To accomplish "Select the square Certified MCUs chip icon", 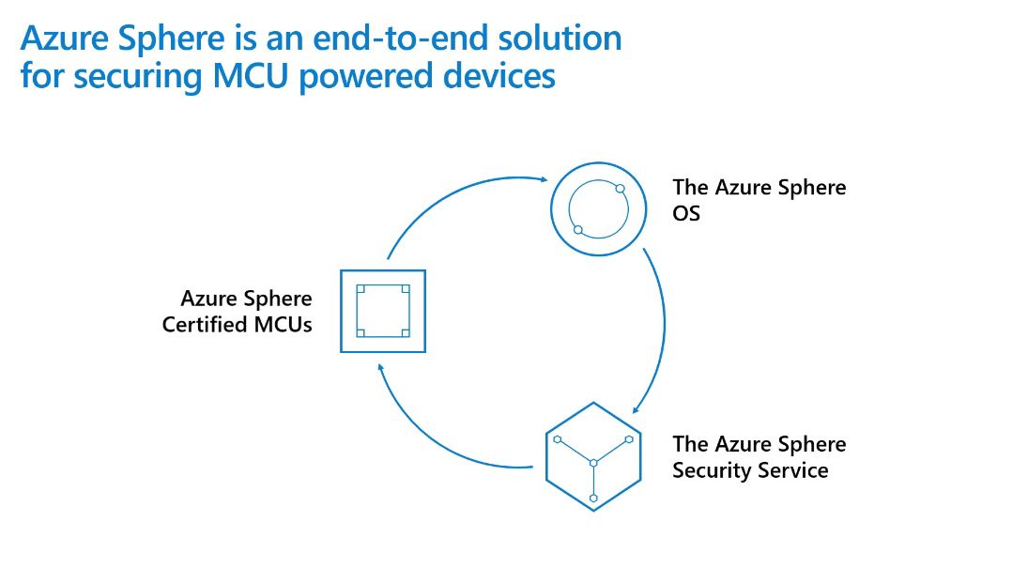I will coord(383,311).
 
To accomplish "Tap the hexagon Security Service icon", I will coord(593,457).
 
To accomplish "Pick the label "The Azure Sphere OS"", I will coord(759,200).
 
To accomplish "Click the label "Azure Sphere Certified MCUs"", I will coord(238,312).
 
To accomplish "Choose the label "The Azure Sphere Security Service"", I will coord(759,457).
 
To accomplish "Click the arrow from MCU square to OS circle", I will coord(451,192).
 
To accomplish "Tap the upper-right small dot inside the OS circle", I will coord(620,189).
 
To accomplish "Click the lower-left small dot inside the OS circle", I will coord(578,230).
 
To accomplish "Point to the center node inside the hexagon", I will coord(593,463).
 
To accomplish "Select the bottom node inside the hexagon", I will coord(593,498).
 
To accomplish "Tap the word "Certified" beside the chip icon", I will coord(204,326).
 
